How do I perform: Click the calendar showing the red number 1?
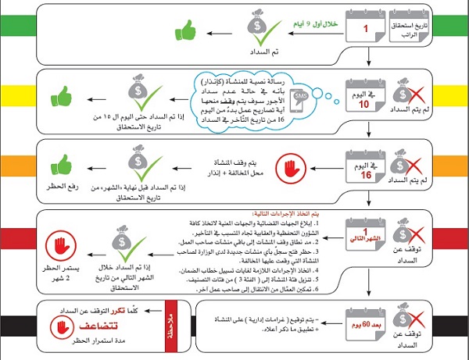click(x=364, y=30)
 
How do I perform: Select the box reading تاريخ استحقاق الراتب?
click(x=422, y=31)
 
